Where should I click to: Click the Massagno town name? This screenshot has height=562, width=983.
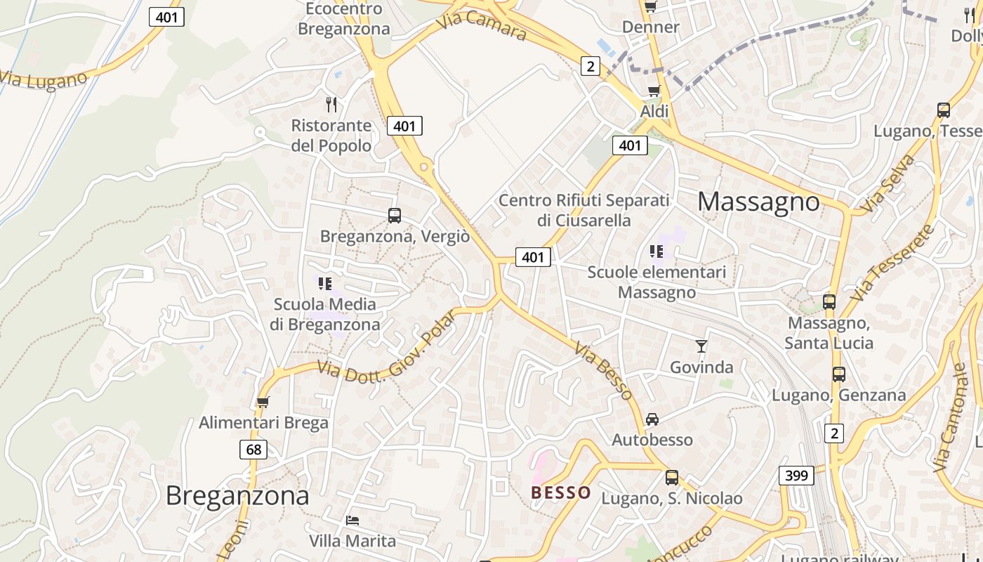point(758,202)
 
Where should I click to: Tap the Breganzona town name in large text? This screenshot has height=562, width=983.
point(237,496)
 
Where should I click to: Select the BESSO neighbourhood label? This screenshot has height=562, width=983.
point(561,492)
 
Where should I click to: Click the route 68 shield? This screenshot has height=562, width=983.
point(253,449)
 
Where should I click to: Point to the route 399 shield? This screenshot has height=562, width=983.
point(796,476)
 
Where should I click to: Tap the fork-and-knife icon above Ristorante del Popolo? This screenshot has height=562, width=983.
point(331,105)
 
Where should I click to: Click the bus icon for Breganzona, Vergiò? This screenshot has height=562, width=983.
point(395,216)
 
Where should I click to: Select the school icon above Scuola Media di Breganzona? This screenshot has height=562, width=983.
point(324,284)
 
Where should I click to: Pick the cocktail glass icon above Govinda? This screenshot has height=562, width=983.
point(701,346)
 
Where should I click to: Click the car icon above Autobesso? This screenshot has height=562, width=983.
point(652,419)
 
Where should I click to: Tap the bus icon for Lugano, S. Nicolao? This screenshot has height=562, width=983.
point(672,478)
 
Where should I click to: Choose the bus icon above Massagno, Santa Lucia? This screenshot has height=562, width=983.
point(829,302)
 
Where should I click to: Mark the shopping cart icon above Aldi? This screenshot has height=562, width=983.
point(654,91)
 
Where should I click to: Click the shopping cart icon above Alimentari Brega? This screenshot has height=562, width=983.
point(263,402)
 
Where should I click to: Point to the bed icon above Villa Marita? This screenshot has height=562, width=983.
point(352,521)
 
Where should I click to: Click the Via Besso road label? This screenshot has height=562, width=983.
point(602,370)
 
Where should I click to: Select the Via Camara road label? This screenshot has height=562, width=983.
point(481,25)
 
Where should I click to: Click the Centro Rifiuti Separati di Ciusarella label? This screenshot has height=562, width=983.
point(584,210)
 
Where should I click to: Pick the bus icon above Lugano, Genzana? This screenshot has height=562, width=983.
point(839,374)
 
